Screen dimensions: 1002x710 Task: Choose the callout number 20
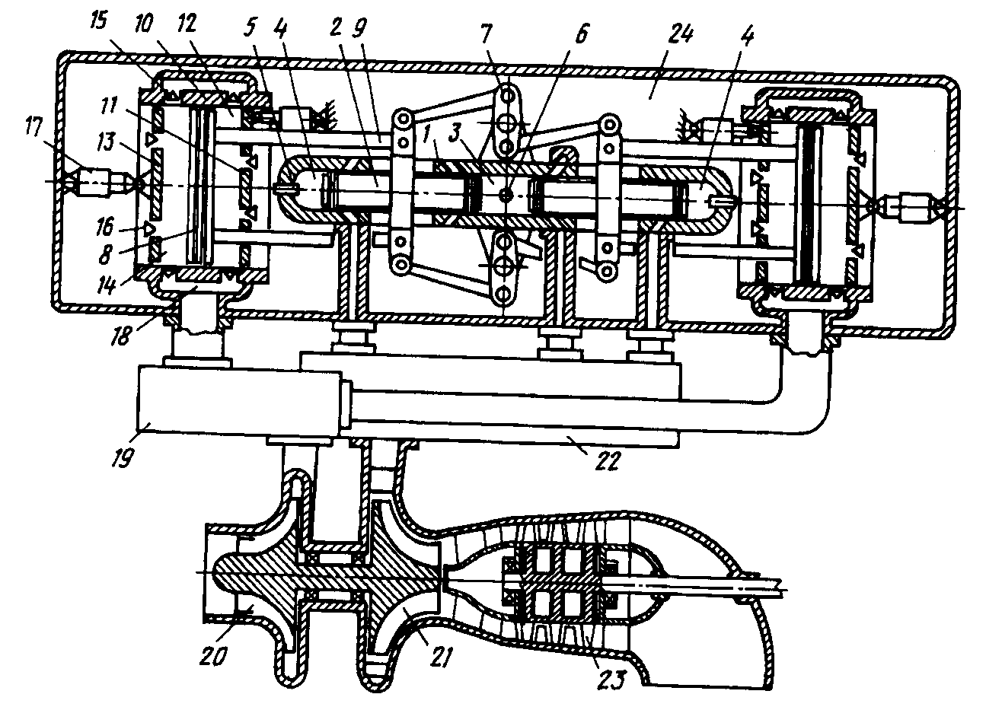(x=212, y=656)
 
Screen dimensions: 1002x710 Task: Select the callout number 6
(x=581, y=33)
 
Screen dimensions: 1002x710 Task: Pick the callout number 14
(x=107, y=285)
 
